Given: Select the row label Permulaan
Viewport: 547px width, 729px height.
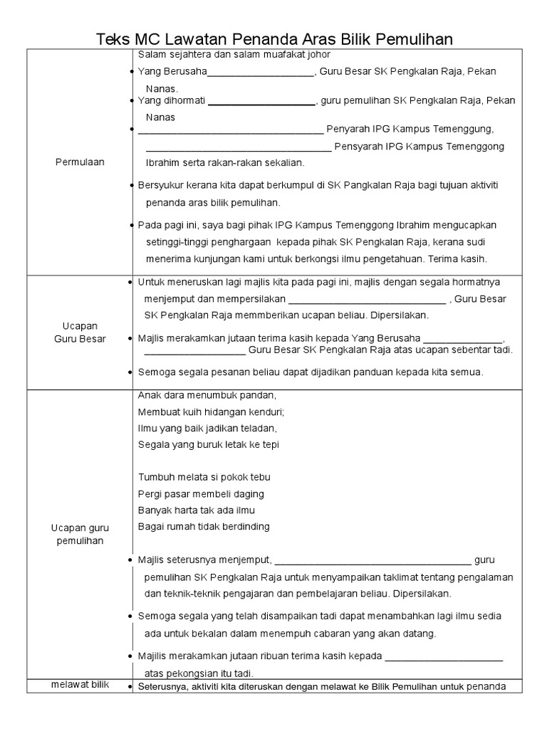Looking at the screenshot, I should (80, 162).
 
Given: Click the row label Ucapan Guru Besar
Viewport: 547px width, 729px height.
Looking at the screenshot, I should (80, 332).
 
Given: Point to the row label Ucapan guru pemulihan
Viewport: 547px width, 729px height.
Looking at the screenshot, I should (80, 534).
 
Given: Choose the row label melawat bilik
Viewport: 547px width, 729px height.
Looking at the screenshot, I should (80, 685).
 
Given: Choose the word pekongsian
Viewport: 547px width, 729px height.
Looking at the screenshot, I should (186, 673).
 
